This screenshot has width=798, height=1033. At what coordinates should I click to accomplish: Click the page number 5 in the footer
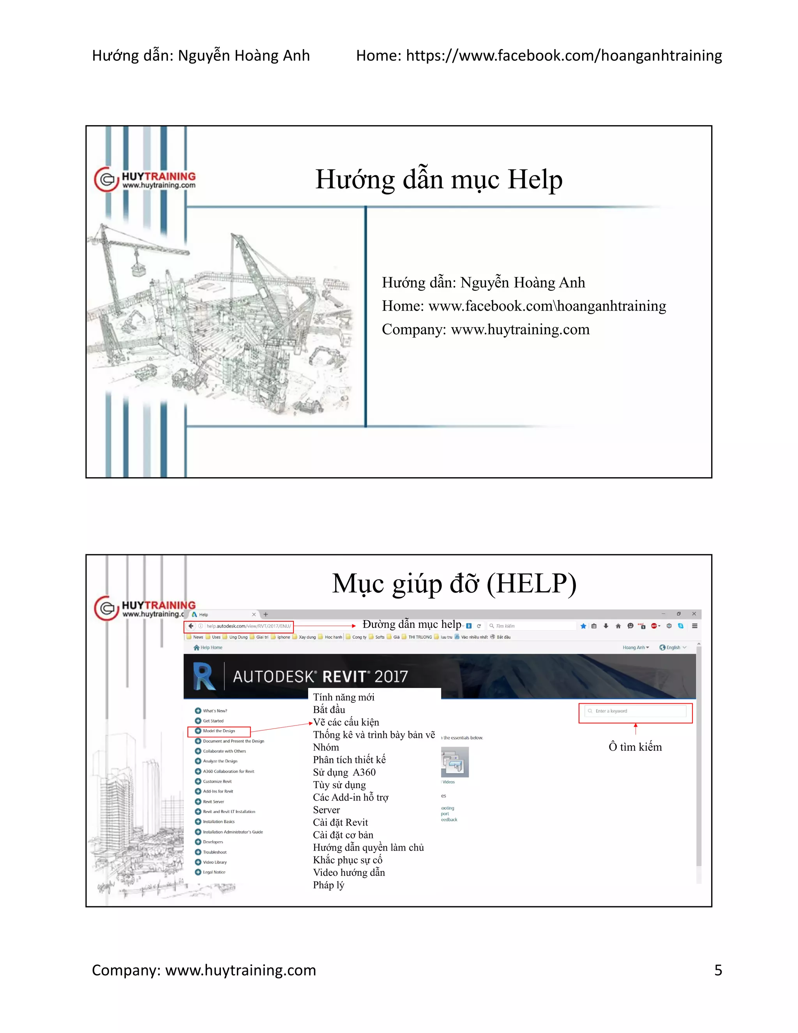[718, 970]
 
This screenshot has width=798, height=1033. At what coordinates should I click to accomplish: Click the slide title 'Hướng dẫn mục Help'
[439, 180]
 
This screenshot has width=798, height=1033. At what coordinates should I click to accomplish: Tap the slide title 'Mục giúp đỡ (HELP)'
[454, 583]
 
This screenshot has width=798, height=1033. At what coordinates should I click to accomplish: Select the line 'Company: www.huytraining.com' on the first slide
[486, 329]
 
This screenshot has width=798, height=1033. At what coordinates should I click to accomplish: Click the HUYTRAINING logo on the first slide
[145, 180]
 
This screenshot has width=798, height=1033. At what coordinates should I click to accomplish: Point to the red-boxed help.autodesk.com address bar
[239, 626]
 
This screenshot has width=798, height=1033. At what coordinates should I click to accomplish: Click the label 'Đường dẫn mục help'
[411, 624]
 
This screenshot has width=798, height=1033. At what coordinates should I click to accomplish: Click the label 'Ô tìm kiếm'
[635, 747]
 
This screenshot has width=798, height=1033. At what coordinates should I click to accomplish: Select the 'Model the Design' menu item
[219, 731]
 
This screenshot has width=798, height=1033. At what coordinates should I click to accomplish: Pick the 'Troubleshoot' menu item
[215, 852]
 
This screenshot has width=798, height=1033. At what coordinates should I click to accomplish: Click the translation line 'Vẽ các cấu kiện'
[346, 722]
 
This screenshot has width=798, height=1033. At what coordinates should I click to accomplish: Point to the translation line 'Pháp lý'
[328, 885]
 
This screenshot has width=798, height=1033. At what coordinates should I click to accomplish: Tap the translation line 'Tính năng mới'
[344, 697]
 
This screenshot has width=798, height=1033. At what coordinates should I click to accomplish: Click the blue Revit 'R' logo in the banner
[204, 676]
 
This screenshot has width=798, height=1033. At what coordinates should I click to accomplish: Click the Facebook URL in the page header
[563, 56]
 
